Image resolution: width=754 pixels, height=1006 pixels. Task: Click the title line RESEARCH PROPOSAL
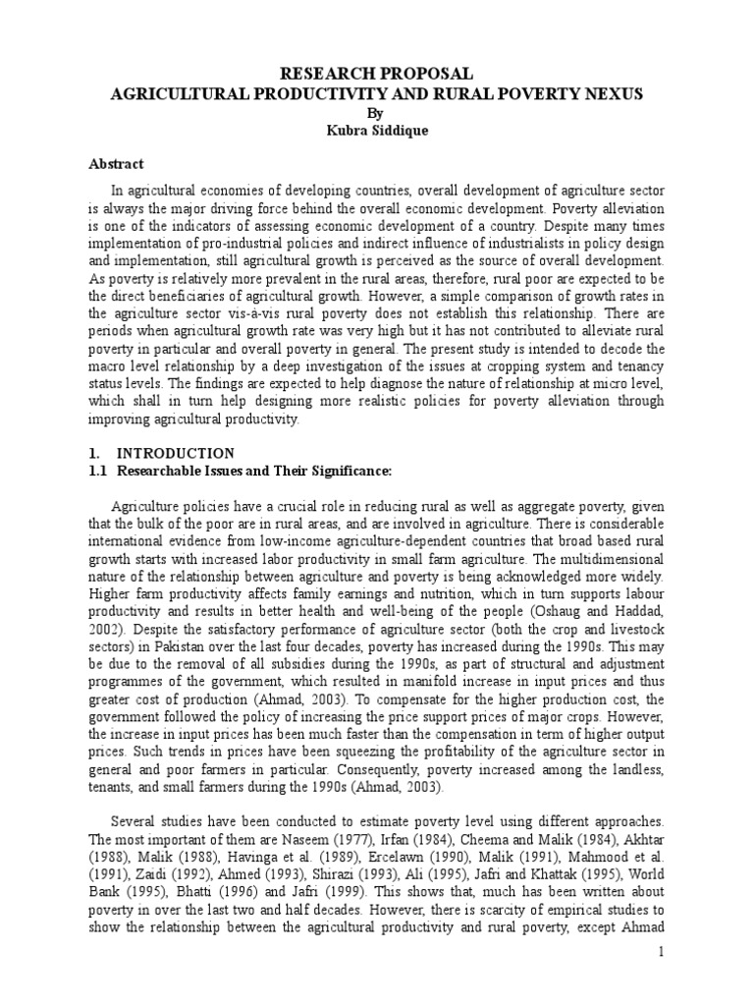point(377,75)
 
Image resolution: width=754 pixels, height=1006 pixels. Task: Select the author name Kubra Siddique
point(377,130)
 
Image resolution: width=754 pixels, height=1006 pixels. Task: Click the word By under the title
point(377,112)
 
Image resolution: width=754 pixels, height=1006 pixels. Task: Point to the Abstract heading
point(116,164)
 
